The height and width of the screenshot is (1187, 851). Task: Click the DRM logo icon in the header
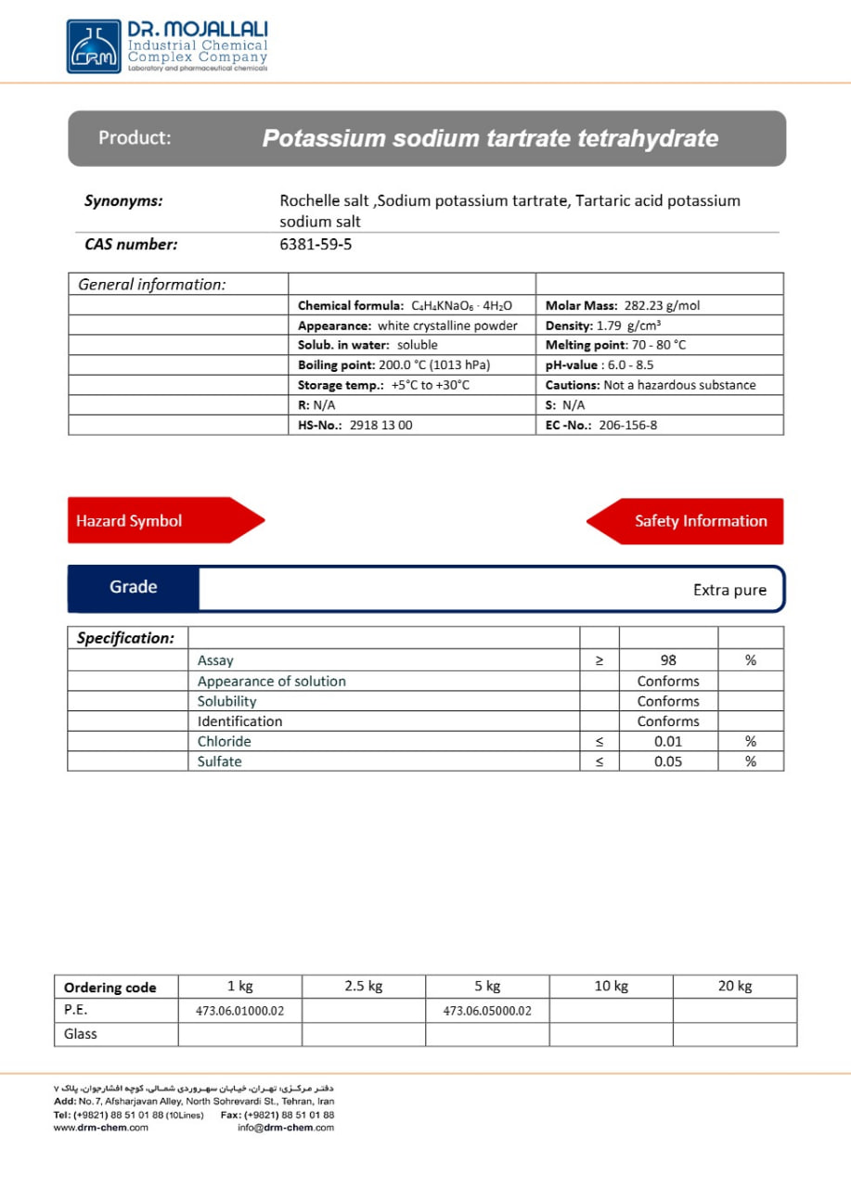click(94, 46)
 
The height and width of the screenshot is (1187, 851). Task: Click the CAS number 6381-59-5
click(316, 245)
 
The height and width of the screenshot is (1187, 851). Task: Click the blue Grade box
click(133, 587)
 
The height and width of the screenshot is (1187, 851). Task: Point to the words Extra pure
click(729, 590)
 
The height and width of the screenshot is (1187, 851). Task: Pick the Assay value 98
click(668, 660)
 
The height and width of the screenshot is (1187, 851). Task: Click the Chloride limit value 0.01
click(668, 742)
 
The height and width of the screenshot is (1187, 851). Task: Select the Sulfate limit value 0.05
click(668, 761)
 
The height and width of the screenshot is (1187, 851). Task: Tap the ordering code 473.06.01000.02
click(239, 1011)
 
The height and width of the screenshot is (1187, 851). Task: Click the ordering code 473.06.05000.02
click(487, 1011)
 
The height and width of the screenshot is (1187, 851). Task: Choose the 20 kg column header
click(734, 986)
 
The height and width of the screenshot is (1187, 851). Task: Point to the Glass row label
click(81, 1034)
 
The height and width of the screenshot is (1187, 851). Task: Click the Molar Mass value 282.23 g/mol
click(661, 305)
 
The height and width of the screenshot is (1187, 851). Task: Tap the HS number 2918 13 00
click(380, 426)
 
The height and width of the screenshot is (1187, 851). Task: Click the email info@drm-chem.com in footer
click(286, 1128)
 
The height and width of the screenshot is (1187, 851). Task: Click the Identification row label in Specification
click(239, 721)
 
